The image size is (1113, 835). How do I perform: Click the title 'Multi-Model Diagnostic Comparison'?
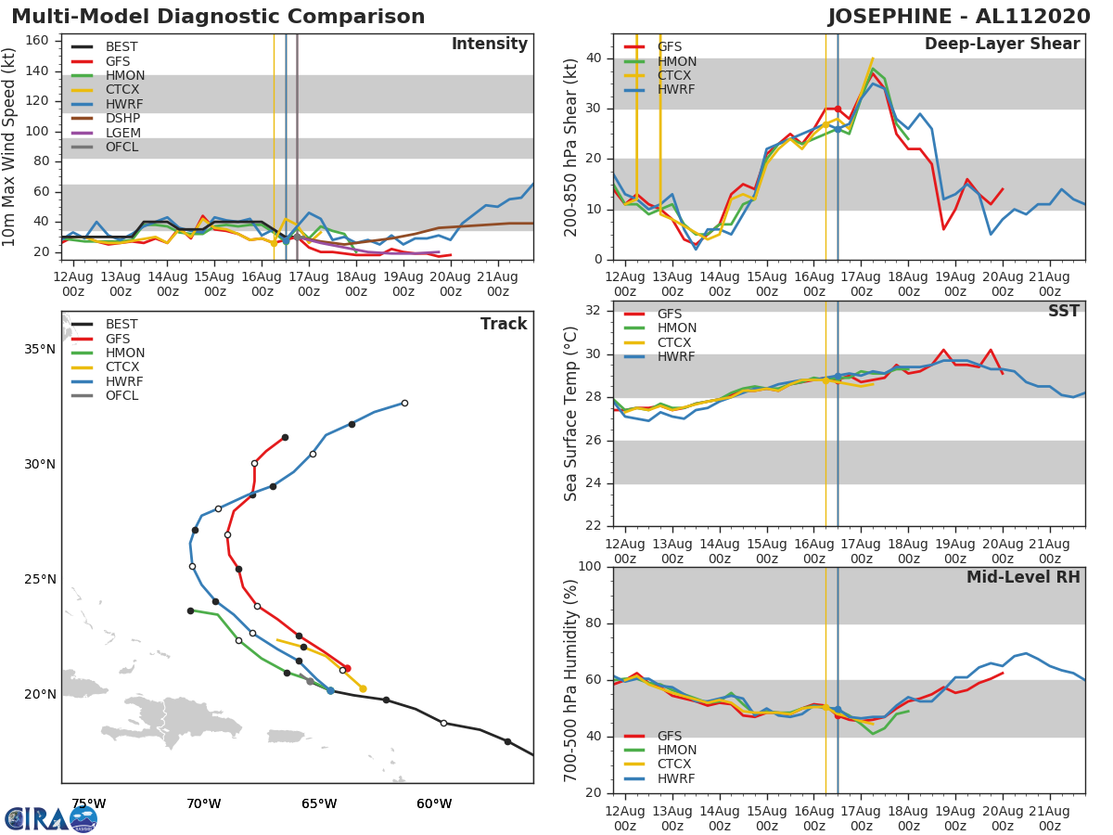click(218, 17)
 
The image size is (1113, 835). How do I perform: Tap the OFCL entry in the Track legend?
click(122, 396)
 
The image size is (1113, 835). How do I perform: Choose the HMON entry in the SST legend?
click(676, 328)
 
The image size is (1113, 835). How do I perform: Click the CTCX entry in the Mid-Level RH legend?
click(676, 764)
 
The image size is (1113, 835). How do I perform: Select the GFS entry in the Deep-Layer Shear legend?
click(669, 47)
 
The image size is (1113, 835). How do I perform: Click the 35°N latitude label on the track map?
click(40, 350)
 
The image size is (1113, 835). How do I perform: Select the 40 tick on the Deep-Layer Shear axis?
click(594, 58)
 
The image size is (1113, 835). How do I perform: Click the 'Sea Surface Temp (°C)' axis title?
click(571, 414)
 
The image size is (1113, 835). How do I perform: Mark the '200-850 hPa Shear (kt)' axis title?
click(571, 147)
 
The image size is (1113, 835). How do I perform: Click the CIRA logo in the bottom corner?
click(50, 818)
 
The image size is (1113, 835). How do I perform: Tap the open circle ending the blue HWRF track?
click(404, 403)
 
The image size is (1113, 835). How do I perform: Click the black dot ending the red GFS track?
click(285, 437)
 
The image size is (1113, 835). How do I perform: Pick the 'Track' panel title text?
click(503, 324)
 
